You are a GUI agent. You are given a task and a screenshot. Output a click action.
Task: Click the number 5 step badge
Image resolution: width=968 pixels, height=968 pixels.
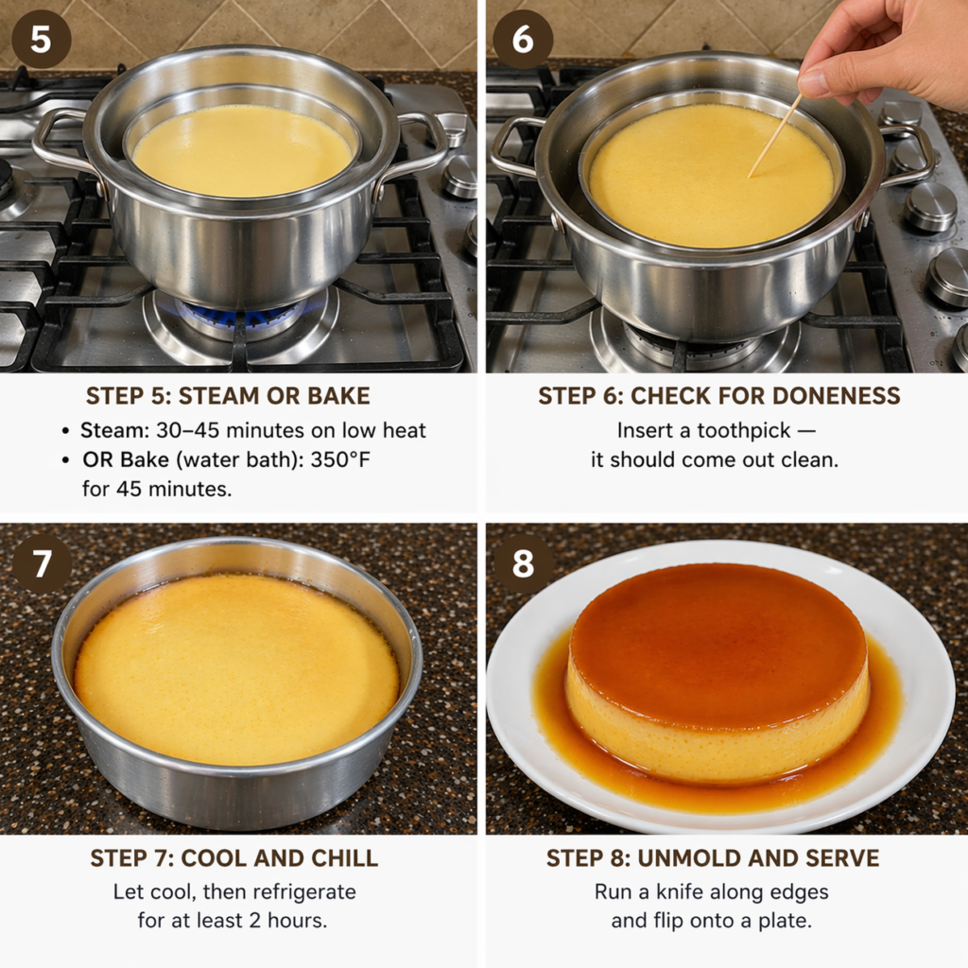[41, 39]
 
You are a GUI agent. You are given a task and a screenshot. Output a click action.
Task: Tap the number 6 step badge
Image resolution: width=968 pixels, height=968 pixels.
[522, 39]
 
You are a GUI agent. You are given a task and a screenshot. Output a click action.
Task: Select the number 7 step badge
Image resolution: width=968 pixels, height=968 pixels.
[42, 563]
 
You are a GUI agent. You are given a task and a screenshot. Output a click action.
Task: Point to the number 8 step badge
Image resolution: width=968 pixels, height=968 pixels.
[522, 563]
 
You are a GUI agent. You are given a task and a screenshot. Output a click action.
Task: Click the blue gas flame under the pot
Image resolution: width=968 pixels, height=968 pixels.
[241, 315]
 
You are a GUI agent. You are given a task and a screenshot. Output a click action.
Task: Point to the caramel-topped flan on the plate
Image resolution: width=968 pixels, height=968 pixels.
[718, 673]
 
